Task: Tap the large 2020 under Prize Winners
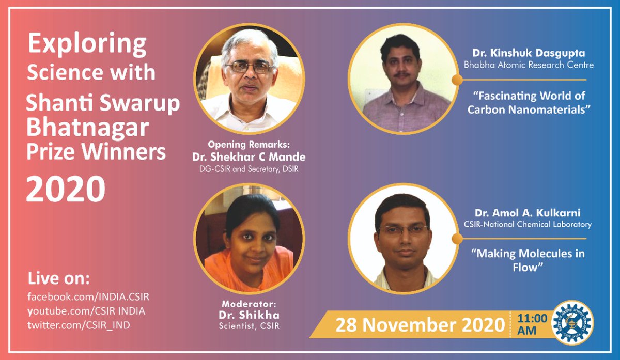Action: click(x=66, y=190)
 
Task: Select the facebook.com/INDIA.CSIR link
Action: click(x=88, y=298)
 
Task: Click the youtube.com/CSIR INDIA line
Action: click(x=86, y=311)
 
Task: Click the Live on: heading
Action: click(x=58, y=280)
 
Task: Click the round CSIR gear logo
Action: click(x=573, y=323)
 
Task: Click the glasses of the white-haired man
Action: click(x=250, y=67)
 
